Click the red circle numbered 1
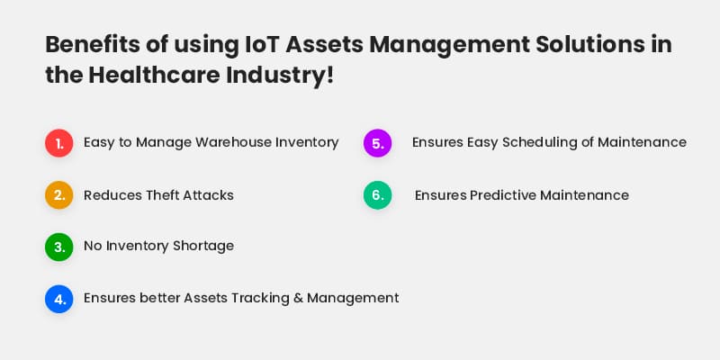[x=59, y=142]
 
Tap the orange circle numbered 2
[x=59, y=194]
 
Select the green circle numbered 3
[x=59, y=247]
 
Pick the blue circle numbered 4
[x=59, y=298]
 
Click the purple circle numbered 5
[x=378, y=142]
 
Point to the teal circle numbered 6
[x=378, y=194]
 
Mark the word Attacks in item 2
[x=208, y=195]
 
